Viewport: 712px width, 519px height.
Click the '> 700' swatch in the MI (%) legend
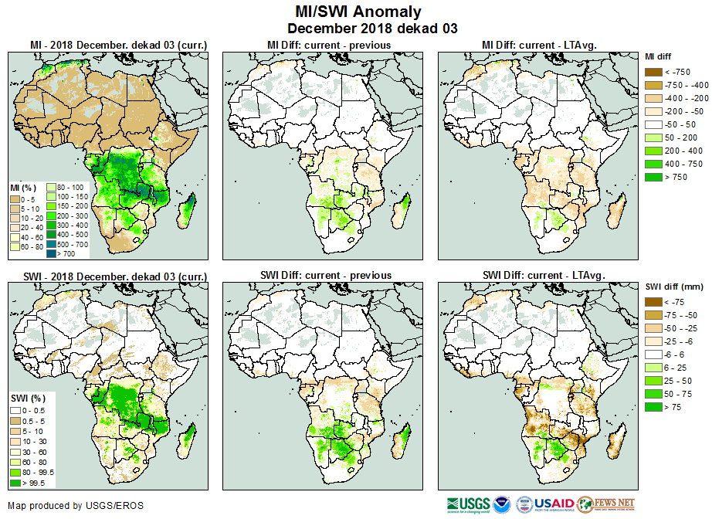(51, 253)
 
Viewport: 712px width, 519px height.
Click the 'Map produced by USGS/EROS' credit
(75, 506)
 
